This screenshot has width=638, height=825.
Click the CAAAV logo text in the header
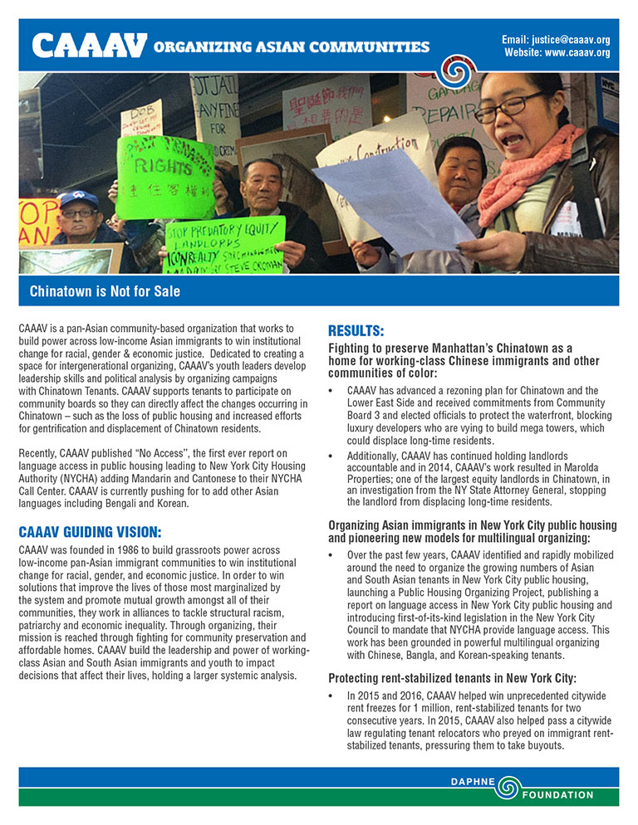point(88,46)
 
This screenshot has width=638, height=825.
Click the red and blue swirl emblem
point(458,72)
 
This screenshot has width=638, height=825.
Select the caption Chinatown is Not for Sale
point(105,291)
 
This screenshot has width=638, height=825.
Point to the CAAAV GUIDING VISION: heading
point(90,532)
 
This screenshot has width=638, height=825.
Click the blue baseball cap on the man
point(78,199)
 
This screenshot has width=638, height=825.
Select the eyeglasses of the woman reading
point(499,105)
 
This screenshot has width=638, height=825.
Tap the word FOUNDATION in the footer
point(557,795)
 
